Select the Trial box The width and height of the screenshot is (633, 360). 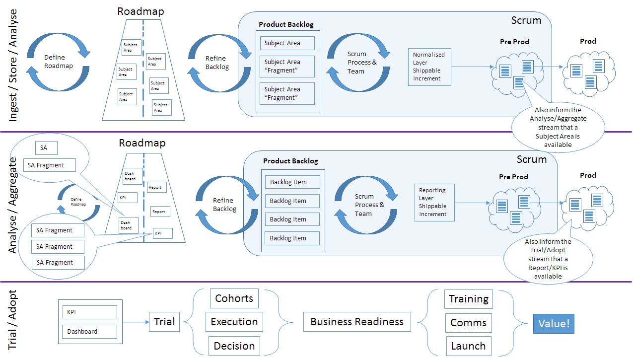pos(164,322)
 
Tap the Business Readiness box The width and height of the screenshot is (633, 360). pos(356,322)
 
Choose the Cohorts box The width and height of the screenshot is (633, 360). pos(234,298)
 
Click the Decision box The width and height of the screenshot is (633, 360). pos(234,346)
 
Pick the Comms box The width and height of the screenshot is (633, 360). pos(468,323)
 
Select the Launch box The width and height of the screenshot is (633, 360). pos(468,346)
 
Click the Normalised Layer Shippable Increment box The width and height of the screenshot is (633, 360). pos(429,67)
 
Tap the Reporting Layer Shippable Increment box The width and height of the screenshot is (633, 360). pos(434,202)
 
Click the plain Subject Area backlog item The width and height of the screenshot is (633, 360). pos(287,43)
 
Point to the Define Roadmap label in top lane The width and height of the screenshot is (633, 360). pos(58,62)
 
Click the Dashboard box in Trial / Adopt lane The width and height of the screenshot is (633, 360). pos(89,331)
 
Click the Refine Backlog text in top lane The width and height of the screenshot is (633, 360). pos(217,63)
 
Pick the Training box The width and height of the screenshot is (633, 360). pos(468,299)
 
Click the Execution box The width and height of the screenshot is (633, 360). pos(234,322)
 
